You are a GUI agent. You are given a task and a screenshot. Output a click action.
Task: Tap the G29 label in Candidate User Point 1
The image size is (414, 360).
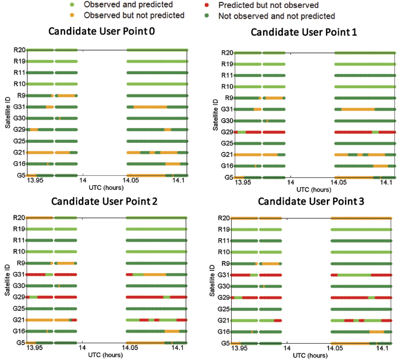pyautogui.click(x=227, y=132)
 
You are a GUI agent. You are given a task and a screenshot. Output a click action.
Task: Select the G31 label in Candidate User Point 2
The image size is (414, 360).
pyautogui.click(x=19, y=275)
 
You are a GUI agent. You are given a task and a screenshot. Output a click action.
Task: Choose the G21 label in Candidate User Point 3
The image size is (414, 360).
pyautogui.click(x=224, y=321)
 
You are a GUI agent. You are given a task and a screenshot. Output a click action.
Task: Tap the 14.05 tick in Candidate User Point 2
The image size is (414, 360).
pyautogui.click(x=132, y=348)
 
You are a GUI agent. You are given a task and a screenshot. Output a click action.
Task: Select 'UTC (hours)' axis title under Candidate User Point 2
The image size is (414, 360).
pyautogui.click(x=107, y=355)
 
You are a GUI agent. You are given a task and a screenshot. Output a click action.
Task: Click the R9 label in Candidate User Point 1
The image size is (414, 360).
pyautogui.click(x=229, y=98)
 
